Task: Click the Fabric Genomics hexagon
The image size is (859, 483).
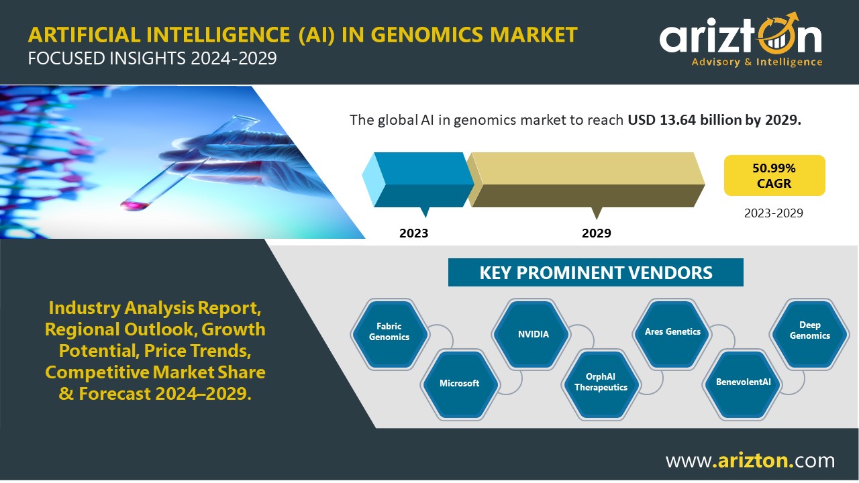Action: click(389, 334)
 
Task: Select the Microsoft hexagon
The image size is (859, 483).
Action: click(460, 384)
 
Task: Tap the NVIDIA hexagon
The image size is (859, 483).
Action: click(531, 334)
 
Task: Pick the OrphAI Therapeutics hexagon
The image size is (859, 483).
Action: click(601, 384)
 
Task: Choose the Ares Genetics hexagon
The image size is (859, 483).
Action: click(672, 334)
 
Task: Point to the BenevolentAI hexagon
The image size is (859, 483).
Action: click(742, 384)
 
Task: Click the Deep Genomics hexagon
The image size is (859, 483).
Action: click(809, 334)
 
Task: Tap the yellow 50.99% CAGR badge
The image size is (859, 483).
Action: click(774, 176)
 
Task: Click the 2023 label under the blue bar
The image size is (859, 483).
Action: click(413, 233)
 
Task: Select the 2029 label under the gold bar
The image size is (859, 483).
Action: click(597, 233)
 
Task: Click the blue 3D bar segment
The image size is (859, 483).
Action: click(418, 180)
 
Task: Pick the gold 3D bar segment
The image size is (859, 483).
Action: click(586, 180)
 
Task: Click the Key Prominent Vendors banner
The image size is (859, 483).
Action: click(595, 272)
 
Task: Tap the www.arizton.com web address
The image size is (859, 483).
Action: click(750, 460)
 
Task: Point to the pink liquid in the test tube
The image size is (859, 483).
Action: click(135, 205)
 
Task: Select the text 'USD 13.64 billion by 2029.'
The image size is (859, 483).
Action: click(715, 120)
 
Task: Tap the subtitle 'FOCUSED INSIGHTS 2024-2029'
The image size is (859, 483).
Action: click(152, 58)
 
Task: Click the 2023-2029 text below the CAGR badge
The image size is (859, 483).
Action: click(774, 213)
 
